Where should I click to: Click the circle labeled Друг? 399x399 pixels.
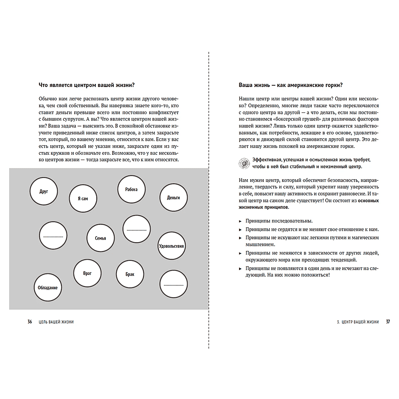coord(44,192)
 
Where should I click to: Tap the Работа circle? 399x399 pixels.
coord(131,189)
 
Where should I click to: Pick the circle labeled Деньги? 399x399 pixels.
coord(173,198)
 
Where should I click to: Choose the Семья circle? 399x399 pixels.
coord(101,238)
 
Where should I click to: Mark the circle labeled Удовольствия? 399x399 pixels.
coord(171,246)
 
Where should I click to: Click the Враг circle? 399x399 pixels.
coord(87,273)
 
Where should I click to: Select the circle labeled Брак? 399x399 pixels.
coord(130,275)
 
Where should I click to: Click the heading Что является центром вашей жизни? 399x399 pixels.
coord(86,85)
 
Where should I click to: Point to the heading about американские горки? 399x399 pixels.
coord(290,85)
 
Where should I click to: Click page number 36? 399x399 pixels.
coord(30,322)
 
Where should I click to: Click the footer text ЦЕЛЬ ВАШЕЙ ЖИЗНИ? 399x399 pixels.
coord(56,322)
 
